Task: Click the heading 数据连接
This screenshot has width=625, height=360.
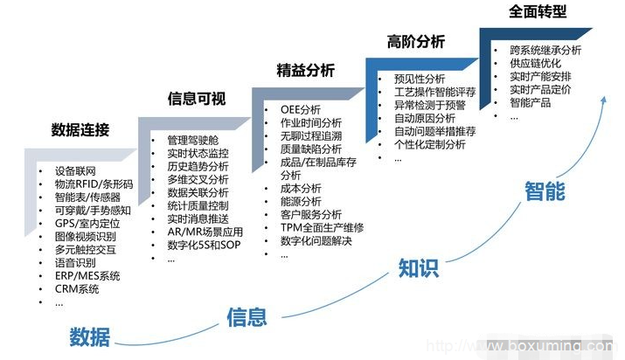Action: click(x=80, y=130)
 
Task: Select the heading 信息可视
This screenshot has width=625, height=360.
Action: click(x=197, y=99)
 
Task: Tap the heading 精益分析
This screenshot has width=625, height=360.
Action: click(x=306, y=71)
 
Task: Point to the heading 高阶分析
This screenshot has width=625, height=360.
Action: click(x=416, y=41)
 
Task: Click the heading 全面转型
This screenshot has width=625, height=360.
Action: click(x=538, y=11)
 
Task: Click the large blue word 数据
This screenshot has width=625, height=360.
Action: click(x=90, y=337)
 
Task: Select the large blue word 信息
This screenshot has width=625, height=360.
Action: click(x=247, y=317)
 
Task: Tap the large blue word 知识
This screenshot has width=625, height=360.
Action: click(x=419, y=268)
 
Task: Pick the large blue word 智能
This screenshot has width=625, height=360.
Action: click(x=545, y=190)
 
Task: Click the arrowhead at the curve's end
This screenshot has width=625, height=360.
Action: click(x=604, y=100)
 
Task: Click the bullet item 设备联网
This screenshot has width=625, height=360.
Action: click(x=75, y=171)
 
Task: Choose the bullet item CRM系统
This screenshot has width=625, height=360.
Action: click(x=77, y=289)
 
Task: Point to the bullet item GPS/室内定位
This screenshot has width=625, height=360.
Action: click(x=87, y=224)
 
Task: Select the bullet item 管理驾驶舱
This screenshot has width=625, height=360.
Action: click(x=193, y=140)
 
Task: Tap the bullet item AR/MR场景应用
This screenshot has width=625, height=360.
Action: click(x=205, y=232)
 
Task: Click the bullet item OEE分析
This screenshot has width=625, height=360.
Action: click(x=301, y=109)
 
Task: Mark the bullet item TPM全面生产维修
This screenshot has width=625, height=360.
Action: click(x=322, y=228)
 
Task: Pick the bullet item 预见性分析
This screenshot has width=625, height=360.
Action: click(x=420, y=79)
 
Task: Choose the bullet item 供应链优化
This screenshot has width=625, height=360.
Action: click(x=535, y=63)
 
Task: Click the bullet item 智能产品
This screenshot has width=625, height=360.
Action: click(x=530, y=103)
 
